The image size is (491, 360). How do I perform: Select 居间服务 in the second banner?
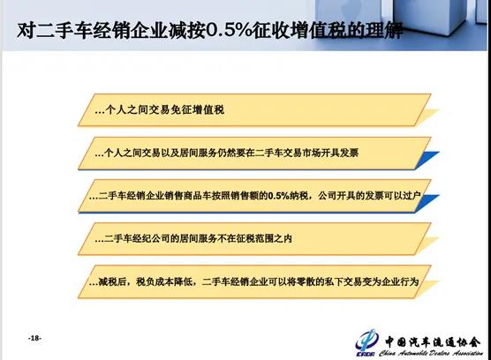tap(220, 153)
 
